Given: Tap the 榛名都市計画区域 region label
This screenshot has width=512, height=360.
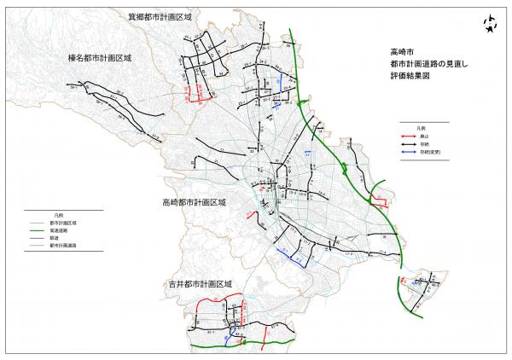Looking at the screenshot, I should coord(101,59).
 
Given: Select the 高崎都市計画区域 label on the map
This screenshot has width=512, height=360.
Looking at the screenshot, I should coord(194,203).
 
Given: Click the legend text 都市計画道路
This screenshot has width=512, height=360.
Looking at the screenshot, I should coord(61,244).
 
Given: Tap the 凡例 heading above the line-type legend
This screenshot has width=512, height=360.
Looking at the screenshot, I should coord(57,215).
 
